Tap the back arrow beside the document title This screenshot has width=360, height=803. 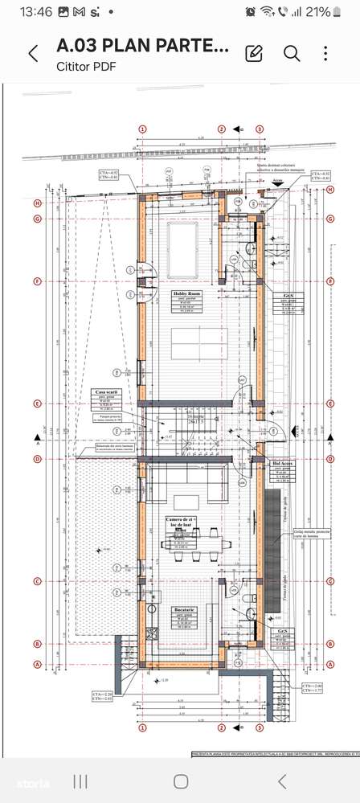pos(33,54)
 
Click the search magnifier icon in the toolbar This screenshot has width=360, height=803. pos(292,54)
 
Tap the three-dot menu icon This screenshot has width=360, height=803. pos(325,54)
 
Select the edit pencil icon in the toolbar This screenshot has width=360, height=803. pos(254,54)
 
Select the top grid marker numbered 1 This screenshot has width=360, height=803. pos(143,129)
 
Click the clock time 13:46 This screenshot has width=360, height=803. pos(35,12)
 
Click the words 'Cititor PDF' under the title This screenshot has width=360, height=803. pos(85,67)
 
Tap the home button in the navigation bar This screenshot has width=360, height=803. pos(181,781)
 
